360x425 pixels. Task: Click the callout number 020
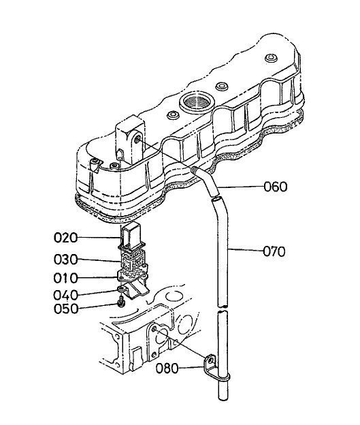67,238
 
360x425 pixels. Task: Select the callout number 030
67,259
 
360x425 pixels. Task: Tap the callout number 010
67,278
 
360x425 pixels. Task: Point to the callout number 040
67,295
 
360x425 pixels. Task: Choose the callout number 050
67,309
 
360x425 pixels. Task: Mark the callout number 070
276,251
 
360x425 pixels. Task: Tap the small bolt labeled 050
121,302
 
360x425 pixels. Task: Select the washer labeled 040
121,292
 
